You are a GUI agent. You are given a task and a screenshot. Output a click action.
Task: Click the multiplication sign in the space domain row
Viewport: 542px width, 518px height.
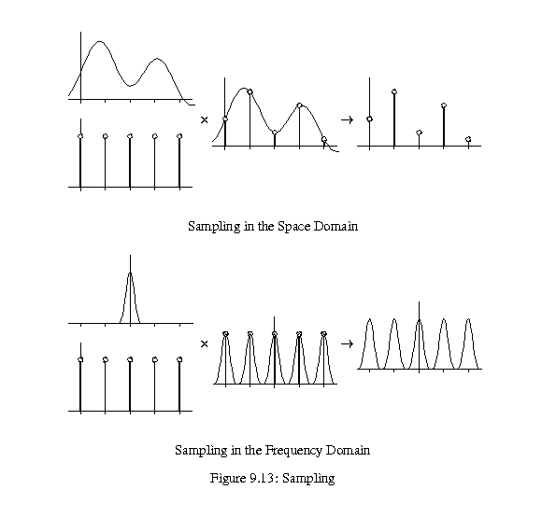point(205,119)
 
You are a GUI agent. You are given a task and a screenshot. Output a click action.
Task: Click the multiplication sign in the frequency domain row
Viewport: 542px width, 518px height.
point(205,343)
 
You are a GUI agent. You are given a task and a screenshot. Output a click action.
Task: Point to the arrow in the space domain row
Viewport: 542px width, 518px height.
point(347,119)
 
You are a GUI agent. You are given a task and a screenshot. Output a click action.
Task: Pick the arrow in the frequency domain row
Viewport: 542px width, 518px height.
point(347,343)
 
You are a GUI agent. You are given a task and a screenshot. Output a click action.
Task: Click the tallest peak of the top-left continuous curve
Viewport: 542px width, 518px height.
point(100,42)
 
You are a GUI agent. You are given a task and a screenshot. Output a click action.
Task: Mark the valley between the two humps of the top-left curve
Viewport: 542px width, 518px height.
point(130,85)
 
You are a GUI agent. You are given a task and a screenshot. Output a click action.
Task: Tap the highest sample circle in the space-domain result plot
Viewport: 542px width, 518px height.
point(394,91)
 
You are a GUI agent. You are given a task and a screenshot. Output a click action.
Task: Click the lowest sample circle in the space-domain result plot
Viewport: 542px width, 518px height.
point(468,139)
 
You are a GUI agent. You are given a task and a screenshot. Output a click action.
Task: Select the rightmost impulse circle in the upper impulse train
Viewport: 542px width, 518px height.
point(179,136)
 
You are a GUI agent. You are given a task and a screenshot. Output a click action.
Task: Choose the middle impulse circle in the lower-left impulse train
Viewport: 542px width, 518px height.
point(130,360)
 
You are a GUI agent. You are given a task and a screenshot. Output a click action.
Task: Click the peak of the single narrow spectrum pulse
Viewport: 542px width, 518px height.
point(130,273)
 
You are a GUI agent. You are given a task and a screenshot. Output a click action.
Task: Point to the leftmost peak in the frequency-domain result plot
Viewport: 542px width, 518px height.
point(369,319)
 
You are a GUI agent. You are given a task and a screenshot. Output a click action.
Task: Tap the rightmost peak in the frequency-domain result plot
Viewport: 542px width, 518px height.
point(468,319)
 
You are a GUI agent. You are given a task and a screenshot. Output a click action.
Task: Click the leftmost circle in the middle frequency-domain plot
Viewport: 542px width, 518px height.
point(226,334)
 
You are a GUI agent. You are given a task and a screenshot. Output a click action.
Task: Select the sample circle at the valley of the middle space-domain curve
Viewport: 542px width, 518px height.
point(275,133)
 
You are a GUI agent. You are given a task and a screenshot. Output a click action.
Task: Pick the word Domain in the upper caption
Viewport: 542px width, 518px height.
point(335,227)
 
